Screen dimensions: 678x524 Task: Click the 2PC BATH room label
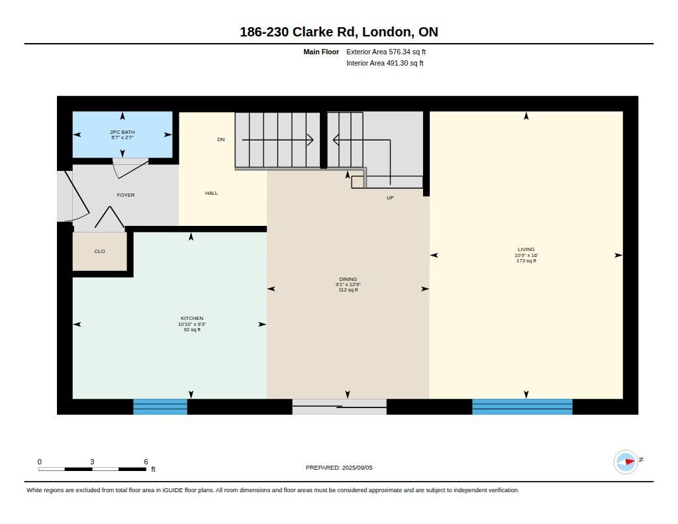click(122, 132)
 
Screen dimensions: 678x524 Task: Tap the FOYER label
click(126, 195)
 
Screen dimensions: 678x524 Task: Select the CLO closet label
click(99, 251)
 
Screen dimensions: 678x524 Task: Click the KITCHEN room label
click(192, 318)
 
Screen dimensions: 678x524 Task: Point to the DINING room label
click(348, 279)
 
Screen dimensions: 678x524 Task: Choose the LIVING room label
click(526, 249)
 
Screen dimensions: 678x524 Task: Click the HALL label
click(211, 193)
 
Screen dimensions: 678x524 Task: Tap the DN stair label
click(221, 139)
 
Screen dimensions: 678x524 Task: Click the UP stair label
click(390, 198)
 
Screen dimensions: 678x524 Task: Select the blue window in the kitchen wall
click(160, 407)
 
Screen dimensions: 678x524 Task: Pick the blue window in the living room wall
click(522, 407)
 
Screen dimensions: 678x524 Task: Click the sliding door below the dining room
click(340, 407)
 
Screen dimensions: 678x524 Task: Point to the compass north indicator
click(626, 462)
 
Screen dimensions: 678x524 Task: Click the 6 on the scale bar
click(146, 462)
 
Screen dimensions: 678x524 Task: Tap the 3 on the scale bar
click(92, 462)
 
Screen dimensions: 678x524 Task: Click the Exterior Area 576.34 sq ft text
click(386, 52)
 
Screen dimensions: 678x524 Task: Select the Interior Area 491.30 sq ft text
click(385, 63)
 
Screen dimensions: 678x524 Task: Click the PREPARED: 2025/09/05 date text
click(339, 468)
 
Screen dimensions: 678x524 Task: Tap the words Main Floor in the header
click(321, 52)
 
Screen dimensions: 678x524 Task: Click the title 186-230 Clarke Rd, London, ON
click(339, 32)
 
